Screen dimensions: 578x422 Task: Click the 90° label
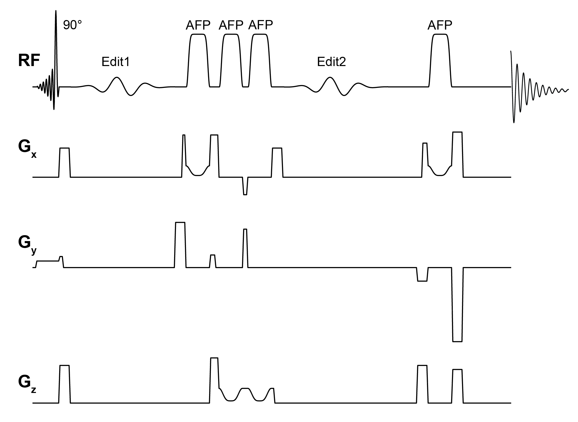tap(72, 25)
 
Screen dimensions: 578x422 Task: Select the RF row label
tap(29, 61)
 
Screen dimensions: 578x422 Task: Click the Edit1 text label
tap(115, 62)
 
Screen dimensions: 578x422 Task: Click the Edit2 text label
tap(331, 62)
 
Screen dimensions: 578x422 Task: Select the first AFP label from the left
tap(198, 25)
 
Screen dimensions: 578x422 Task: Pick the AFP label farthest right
tap(440, 25)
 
